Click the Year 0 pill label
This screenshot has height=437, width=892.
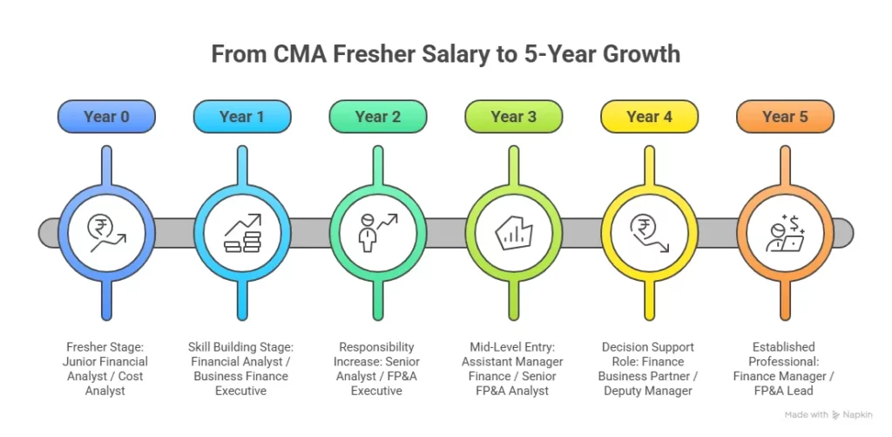tap(106, 117)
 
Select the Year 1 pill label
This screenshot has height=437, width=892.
tap(242, 117)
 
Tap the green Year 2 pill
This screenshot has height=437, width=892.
tap(378, 117)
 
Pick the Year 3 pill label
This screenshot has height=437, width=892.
tap(514, 117)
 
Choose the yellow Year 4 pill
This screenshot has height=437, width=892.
tap(650, 117)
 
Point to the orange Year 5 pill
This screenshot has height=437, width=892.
tap(785, 117)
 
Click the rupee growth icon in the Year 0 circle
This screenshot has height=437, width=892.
tap(106, 233)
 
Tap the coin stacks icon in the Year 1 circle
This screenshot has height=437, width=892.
tap(242, 233)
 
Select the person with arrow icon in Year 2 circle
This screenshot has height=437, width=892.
tap(378, 233)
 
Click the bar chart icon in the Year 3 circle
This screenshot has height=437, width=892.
tap(514, 233)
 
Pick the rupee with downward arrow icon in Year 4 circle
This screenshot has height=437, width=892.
tap(650, 233)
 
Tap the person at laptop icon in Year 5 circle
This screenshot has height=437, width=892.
tap(785, 233)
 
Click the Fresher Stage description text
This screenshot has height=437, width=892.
tap(106, 368)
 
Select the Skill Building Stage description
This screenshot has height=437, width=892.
tap(242, 368)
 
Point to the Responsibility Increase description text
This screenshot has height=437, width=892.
tap(378, 368)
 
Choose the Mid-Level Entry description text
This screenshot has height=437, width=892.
tap(514, 368)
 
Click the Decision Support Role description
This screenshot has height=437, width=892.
tap(650, 368)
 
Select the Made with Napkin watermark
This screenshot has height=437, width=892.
tap(828, 415)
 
